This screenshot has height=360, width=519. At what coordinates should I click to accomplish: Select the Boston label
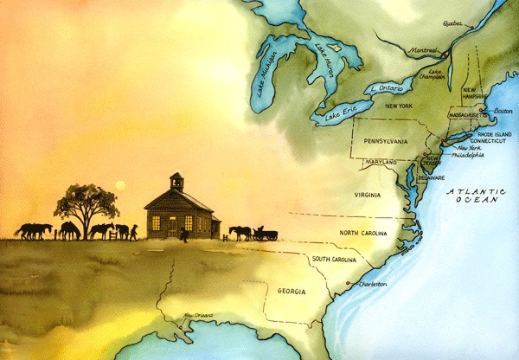[501, 111]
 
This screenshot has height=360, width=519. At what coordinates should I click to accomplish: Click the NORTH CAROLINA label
[367, 233]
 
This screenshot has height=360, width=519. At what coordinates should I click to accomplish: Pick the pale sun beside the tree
[121, 184]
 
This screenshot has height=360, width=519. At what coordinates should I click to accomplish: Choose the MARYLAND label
[381, 162]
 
